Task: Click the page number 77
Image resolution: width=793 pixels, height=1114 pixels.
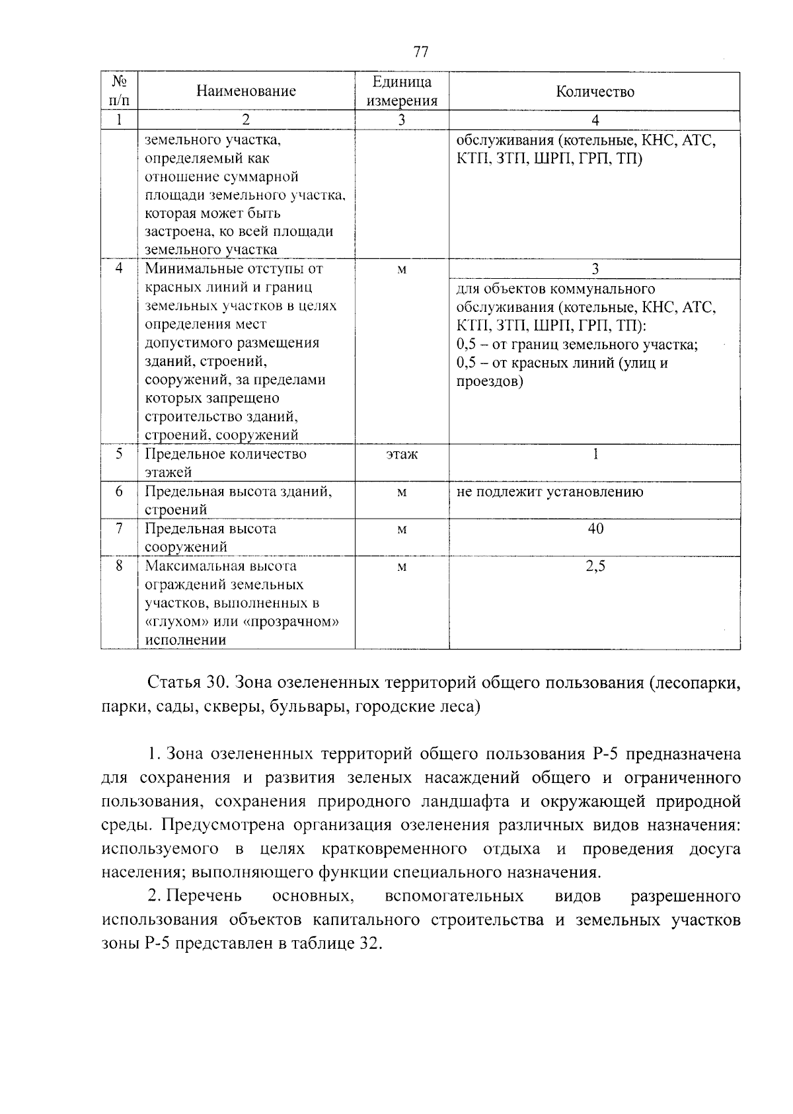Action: point(421,52)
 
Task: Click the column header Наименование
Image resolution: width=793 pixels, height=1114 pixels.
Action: point(246,91)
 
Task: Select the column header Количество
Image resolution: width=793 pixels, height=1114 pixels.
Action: point(595,92)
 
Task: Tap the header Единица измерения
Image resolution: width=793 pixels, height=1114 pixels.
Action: point(402,91)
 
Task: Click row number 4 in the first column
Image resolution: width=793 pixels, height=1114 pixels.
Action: point(119,269)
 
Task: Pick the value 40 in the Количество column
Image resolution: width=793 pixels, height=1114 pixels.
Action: point(595,529)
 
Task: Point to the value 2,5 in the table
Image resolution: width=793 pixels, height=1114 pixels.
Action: point(595,566)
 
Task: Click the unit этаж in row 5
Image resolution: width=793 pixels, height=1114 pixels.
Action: point(402,455)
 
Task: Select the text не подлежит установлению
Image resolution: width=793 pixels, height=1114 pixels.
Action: point(549,492)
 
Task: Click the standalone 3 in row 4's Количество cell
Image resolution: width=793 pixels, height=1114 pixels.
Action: point(595,269)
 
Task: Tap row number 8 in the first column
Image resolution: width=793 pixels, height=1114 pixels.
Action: point(119,566)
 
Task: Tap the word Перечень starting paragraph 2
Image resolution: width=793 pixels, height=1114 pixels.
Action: point(204,897)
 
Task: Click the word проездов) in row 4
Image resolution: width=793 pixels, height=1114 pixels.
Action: point(490,381)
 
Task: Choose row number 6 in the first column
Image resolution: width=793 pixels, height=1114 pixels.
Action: point(119,492)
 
